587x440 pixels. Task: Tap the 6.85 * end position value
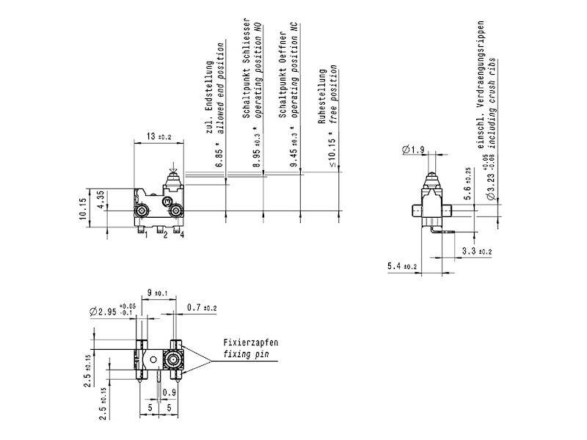[x=219, y=155]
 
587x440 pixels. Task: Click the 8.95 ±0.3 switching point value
[x=256, y=151]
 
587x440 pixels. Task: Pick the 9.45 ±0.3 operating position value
[x=293, y=150]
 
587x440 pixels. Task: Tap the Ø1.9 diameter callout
[x=413, y=150]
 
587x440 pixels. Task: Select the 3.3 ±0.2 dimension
[x=478, y=252]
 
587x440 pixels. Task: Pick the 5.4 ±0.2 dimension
[x=402, y=266]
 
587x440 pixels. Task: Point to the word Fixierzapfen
[x=251, y=342]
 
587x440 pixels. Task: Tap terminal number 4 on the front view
[x=181, y=235]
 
